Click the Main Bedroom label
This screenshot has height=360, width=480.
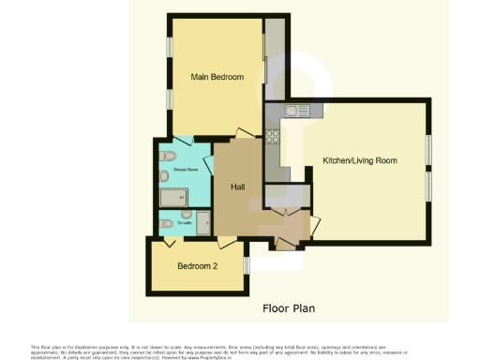[x=217, y=76]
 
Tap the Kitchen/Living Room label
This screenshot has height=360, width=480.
[x=360, y=160]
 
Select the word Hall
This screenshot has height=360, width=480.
[x=239, y=187]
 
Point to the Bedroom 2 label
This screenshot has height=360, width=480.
[x=197, y=264]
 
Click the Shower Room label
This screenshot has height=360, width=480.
[x=184, y=170]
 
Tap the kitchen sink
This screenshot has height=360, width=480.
[x=295, y=112]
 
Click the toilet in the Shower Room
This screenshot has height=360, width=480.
[x=165, y=157]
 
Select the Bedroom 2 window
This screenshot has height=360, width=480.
[x=246, y=265]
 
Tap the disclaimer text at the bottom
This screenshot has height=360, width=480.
[x=239, y=350]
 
